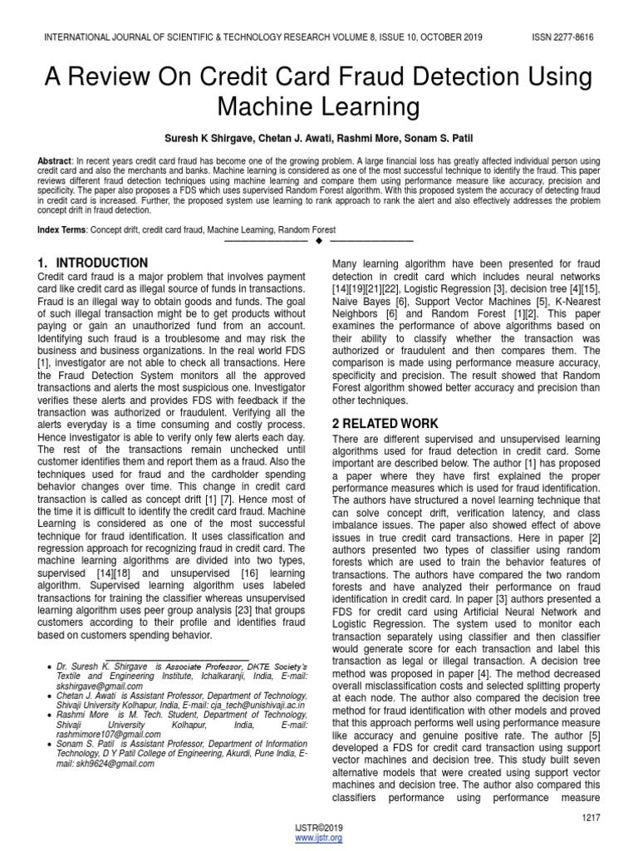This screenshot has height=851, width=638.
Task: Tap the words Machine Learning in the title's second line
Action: (x=318, y=107)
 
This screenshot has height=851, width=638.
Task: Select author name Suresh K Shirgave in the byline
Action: (x=208, y=135)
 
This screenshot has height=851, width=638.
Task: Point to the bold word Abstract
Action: (x=54, y=160)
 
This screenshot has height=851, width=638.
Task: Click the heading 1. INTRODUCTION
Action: (x=94, y=263)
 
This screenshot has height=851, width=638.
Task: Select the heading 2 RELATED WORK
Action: (x=385, y=424)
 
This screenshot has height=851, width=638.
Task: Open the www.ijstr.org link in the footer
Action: (x=318, y=839)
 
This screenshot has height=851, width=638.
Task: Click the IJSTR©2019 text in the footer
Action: (x=318, y=829)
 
